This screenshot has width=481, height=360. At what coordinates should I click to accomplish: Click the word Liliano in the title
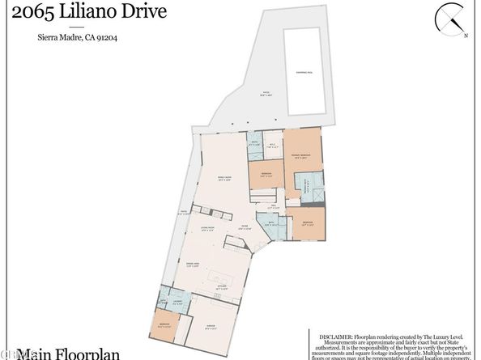[x=83, y=11]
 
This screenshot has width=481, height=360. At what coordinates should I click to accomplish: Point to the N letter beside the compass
[x=465, y=36]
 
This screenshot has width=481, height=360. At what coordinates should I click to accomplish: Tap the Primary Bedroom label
[x=301, y=156]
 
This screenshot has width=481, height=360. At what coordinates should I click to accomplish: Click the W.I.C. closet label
[x=272, y=146]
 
